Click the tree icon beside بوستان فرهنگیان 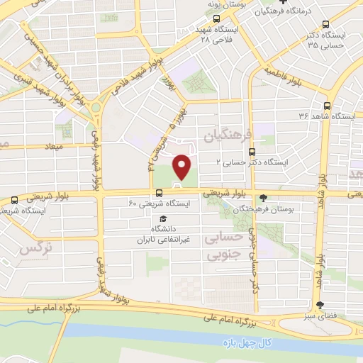264,198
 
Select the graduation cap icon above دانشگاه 164,218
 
